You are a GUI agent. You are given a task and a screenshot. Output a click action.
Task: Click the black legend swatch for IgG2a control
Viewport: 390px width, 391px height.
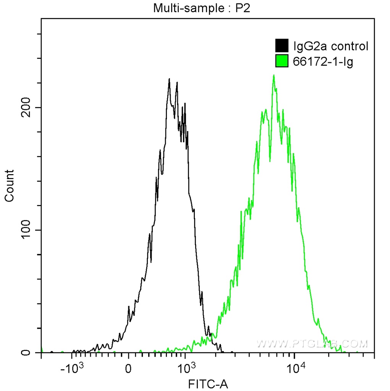(282, 46)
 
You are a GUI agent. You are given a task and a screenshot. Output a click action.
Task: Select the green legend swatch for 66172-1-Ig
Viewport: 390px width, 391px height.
(282, 61)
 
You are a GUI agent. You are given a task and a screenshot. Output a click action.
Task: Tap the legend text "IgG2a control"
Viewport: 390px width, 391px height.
(330, 46)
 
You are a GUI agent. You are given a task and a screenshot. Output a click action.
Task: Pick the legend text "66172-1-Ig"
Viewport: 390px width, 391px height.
(323, 61)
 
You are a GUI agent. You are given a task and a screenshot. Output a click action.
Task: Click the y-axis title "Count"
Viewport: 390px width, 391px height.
(9, 186)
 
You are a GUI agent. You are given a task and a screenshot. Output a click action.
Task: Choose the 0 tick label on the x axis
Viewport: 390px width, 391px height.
(129, 370)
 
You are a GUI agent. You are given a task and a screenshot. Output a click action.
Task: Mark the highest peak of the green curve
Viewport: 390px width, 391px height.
(274, 75)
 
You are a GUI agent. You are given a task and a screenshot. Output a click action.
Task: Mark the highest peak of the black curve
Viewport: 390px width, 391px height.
(169, 79)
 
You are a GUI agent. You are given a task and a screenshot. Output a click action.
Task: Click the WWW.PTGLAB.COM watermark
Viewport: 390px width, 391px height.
(312, 344)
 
